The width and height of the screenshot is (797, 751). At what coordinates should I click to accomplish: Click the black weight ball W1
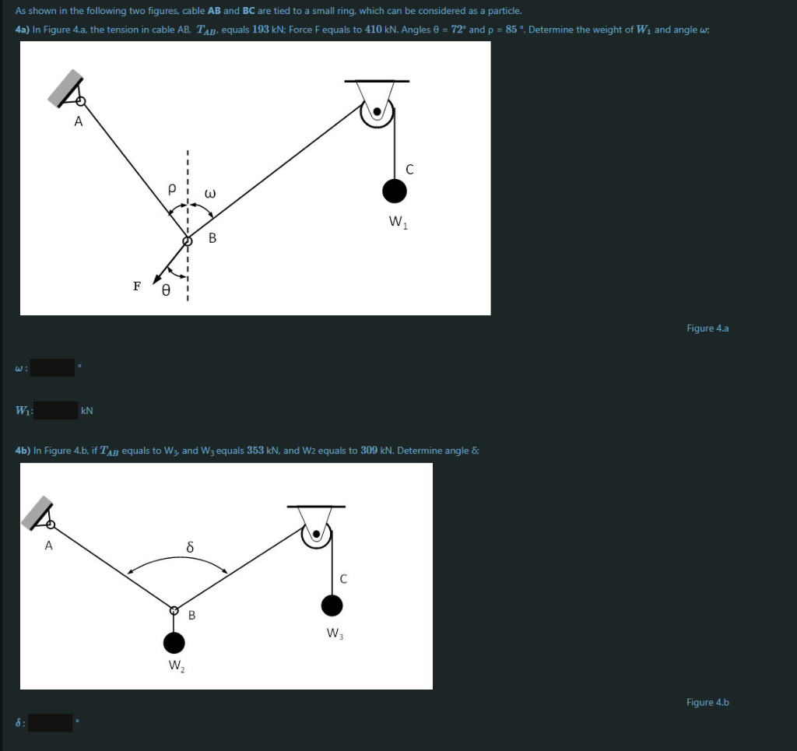[x=395, y=191]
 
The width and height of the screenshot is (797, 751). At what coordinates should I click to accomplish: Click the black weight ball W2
[x=174, y=643]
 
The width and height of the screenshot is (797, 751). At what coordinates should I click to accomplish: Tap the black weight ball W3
[x=332, y=605]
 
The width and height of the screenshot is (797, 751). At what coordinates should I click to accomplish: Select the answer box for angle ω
[x=52, y=367]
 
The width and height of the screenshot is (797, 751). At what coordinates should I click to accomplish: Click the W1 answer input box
[x=56, y=410]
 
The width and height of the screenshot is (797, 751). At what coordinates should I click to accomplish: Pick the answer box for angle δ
[x=51, y=722]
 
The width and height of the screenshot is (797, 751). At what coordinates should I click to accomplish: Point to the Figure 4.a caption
[x=707, y=328]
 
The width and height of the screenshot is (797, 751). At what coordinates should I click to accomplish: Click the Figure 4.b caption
[x=707, y=702]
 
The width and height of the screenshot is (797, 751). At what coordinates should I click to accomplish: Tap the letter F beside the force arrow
[x=137, y=286]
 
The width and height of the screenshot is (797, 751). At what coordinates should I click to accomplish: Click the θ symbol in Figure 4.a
[x=166, y=290]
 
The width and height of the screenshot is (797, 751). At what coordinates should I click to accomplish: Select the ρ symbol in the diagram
[x=172, y=188]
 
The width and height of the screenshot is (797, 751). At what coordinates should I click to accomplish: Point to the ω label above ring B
[x=210, y=193]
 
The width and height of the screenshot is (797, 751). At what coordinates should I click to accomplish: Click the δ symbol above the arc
[x=190, y=547]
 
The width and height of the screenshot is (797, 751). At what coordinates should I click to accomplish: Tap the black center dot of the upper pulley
[x=377, y=111]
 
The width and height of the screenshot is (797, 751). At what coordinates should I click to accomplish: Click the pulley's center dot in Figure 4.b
[x=317, y=534]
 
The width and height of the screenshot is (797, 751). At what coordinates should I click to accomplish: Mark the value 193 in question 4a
[x=260, y=30]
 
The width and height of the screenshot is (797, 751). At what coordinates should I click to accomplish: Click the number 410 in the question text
[x=374, y=30]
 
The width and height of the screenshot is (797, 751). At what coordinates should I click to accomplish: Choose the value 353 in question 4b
[x=255, y=450]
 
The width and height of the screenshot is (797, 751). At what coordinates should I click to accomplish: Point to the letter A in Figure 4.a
[x=79, y=121]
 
